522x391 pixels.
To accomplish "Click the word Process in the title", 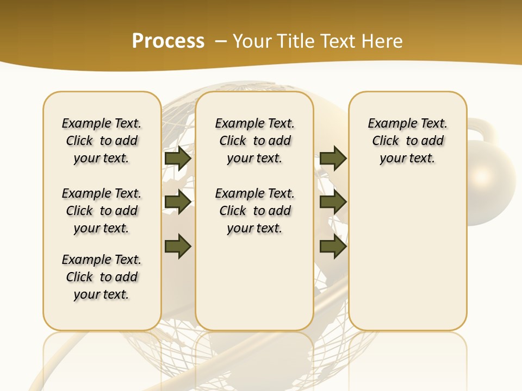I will point(168,41).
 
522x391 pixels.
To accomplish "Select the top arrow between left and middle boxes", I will point(178,159).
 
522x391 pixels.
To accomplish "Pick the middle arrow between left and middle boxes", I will point(178,202).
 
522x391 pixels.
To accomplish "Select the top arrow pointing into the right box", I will point(333,159).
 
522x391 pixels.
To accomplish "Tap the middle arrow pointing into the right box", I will point(333,202).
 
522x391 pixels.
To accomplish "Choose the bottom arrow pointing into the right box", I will point(333,247).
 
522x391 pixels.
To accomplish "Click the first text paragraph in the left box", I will point(102,141).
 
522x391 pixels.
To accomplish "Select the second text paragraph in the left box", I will point(102,211).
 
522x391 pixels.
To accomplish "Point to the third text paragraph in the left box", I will point(102,277).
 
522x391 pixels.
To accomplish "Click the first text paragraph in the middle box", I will point(254,141).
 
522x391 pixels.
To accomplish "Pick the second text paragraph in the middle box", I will point(254,211).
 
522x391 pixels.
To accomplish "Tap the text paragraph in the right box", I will point(407,141).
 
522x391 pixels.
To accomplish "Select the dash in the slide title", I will point(221,41).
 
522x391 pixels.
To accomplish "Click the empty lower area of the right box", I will point(407,261).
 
